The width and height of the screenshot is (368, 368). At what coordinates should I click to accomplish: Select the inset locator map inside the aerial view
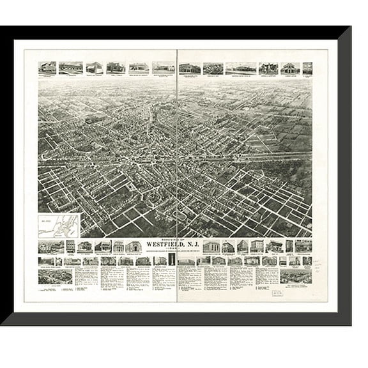point(58,225)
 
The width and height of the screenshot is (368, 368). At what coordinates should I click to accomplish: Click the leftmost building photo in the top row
point(47,68)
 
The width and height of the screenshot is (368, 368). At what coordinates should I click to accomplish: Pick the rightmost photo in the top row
point(307,68)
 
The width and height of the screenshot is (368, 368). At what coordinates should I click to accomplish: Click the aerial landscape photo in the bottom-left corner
point(55,275)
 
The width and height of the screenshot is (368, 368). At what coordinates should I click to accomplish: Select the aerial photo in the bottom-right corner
point(296,275)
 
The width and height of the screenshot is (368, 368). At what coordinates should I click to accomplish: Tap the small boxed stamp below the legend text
point(279,291)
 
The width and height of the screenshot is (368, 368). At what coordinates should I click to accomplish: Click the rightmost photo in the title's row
point(304,246)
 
